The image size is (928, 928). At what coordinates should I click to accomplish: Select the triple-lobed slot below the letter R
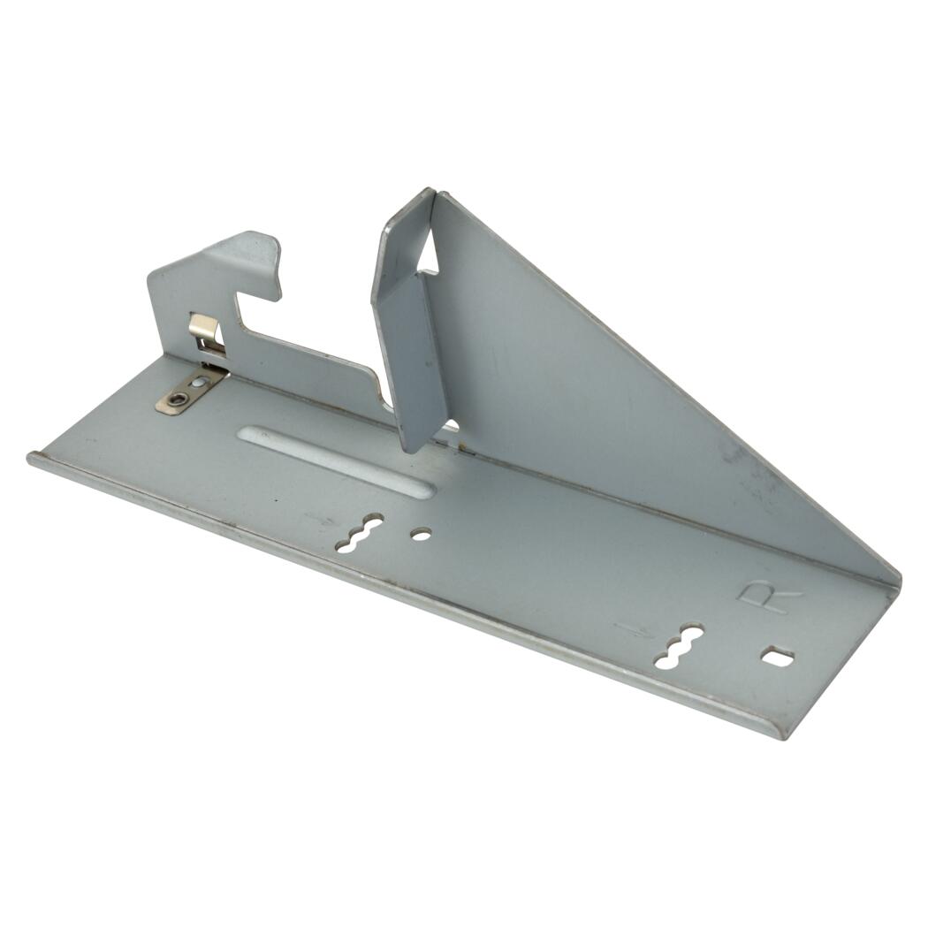(678, 646)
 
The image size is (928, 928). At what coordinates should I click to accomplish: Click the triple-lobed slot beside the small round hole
(359, 533)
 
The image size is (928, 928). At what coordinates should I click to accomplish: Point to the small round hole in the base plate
(421, 535)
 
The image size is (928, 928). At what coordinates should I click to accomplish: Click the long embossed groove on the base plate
(336, 460)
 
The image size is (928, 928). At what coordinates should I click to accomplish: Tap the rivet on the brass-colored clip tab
(174, 400)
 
